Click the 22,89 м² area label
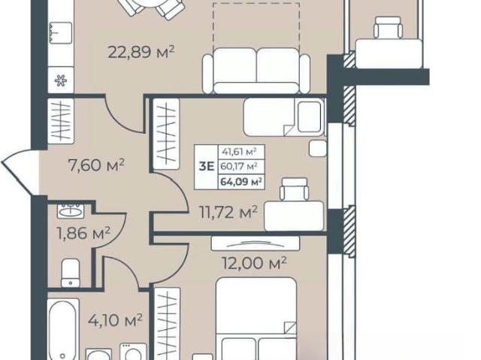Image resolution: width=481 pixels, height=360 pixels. [141, 52]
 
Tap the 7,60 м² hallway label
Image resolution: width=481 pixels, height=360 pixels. [96, 165]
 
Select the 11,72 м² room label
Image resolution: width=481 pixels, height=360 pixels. [228, 212]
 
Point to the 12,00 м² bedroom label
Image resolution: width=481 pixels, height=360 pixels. [254, 263]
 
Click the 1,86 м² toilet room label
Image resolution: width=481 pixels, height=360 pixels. [83, 233]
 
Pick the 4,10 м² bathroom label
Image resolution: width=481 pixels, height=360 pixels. [115, 320]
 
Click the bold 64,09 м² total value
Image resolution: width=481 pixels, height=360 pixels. [241, 182]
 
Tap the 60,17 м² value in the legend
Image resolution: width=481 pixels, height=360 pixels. [239, 167]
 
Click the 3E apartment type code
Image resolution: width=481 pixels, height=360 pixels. [207, 167]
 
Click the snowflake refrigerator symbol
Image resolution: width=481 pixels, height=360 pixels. [61, 80]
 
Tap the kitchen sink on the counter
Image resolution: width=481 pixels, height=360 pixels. [60, 32]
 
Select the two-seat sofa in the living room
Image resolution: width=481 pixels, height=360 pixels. [256, 71]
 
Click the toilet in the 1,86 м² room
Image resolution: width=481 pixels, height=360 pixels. [71, 273]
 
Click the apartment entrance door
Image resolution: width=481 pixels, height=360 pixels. [19, 171]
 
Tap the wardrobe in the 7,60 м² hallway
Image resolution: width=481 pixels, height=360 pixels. [61, 121]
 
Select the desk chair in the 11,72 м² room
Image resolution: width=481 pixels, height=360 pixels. [294, 189]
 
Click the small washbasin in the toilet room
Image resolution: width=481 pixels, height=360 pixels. [70, 210]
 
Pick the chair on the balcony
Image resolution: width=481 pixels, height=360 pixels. [388, 28]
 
